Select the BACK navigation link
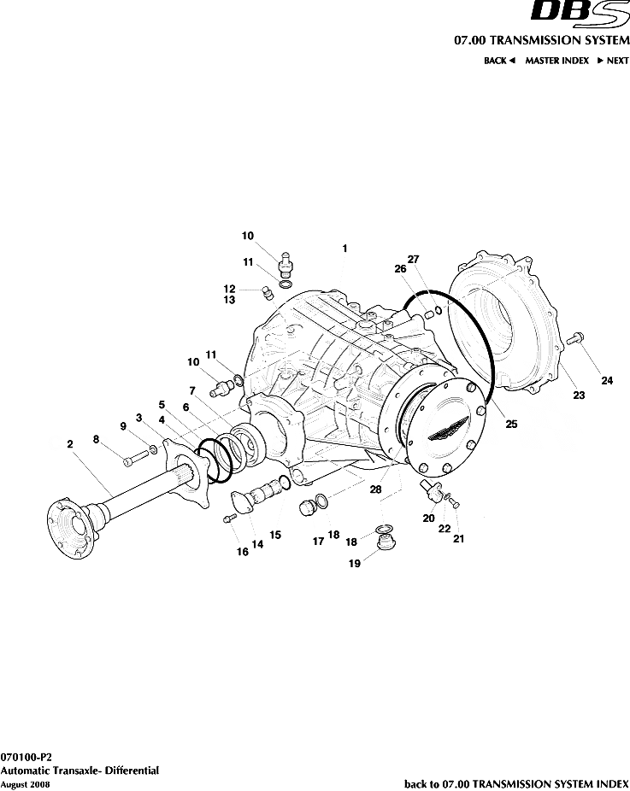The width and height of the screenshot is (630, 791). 499,61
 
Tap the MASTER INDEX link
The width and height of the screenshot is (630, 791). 556,61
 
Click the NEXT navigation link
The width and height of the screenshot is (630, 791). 612,61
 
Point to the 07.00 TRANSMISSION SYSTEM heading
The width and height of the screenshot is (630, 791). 541,40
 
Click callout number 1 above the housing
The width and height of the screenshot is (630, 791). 344,249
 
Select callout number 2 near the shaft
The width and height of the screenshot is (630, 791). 69,443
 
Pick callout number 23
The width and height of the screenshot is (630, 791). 579,395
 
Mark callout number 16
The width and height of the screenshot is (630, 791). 243,552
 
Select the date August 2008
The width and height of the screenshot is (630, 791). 19,783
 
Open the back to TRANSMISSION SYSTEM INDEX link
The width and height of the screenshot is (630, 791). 516,783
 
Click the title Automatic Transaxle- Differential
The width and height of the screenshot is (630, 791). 79,770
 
